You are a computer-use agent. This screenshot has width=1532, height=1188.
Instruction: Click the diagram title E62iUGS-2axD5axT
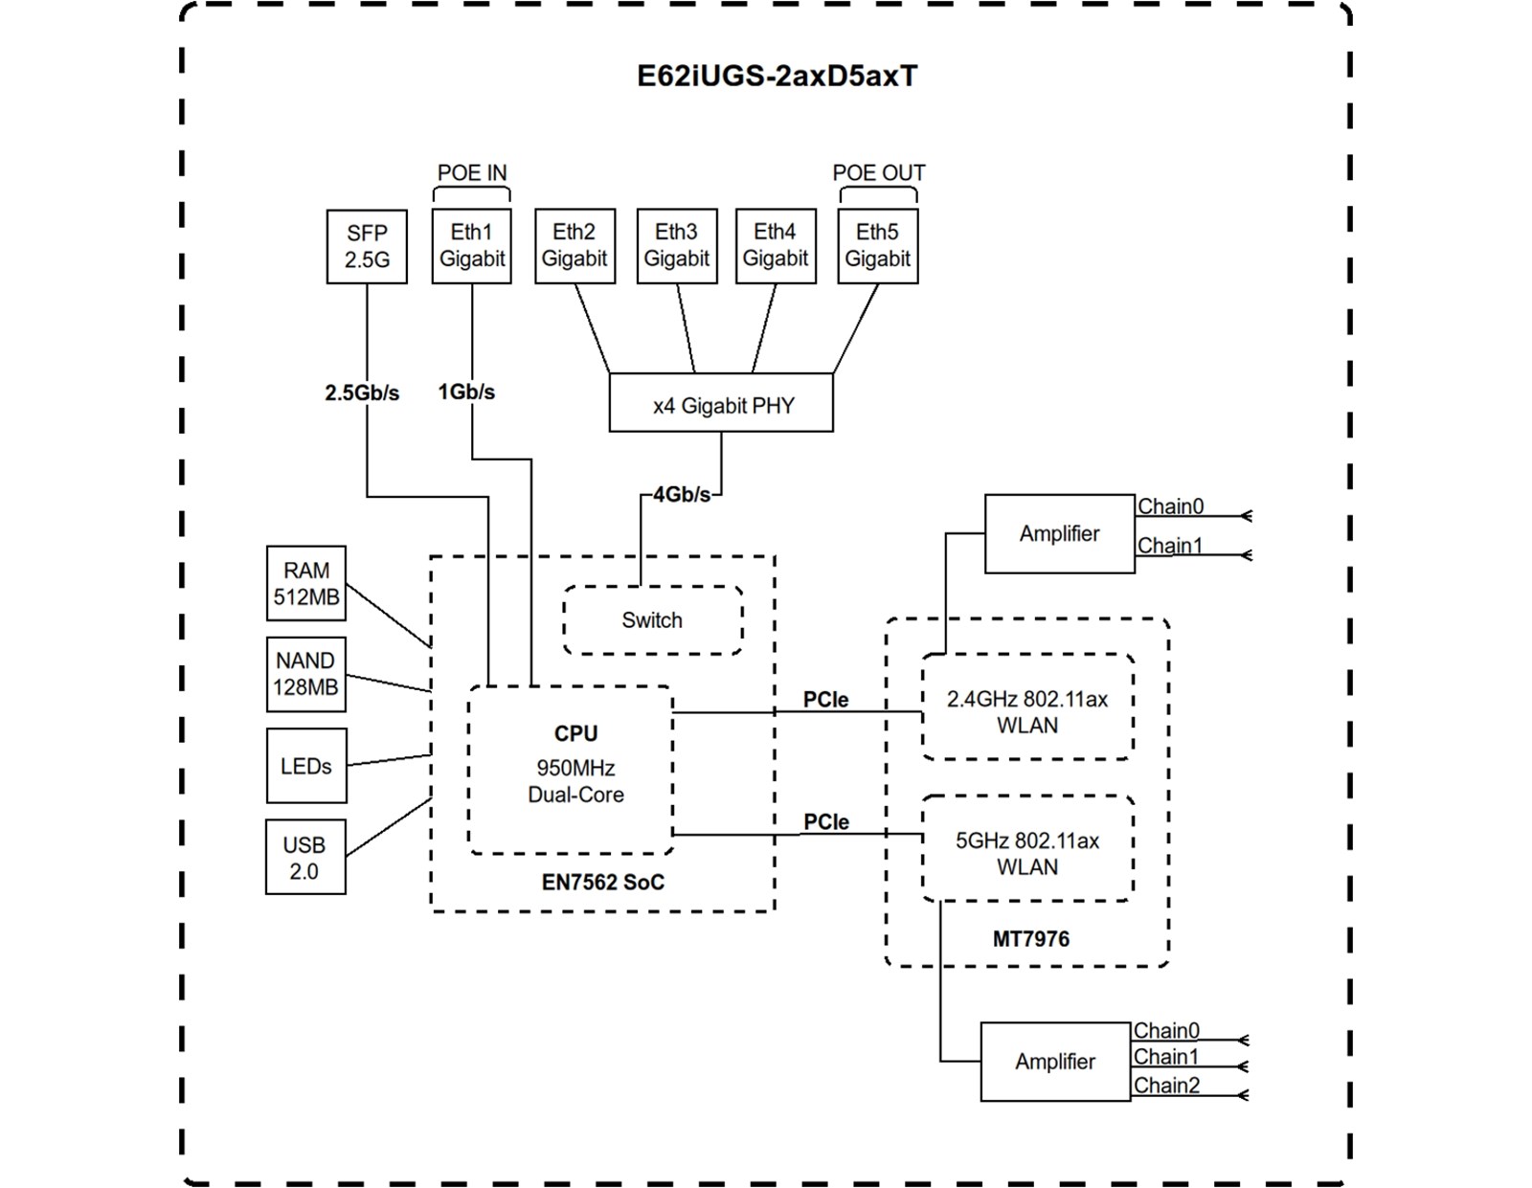777,76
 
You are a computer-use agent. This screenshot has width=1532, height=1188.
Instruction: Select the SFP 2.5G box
367,246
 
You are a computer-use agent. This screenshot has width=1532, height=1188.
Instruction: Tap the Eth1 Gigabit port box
472,245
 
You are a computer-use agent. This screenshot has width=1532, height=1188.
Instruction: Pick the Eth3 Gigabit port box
677,245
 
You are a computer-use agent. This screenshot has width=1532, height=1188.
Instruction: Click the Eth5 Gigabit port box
878,245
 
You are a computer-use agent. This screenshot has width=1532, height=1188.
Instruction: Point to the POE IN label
472,173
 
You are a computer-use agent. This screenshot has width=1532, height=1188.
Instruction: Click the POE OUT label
878,173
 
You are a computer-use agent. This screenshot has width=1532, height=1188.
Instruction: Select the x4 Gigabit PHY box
721,403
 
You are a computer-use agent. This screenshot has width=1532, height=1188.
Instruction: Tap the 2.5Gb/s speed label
362,392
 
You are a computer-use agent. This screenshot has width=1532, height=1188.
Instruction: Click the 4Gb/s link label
682,495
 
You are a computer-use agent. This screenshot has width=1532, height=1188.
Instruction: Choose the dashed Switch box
652,620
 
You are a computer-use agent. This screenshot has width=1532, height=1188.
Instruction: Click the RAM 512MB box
306,584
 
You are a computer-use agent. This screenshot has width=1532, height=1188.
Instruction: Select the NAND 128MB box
305,674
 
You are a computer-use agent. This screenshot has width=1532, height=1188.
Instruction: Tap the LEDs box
306,766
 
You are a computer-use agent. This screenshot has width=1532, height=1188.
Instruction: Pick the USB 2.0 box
305,858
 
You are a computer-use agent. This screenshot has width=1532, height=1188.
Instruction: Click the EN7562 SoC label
602,883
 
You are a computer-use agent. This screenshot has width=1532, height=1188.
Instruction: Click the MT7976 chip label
1030,939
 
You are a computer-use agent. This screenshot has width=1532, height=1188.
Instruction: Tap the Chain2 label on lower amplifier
1166,1086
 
